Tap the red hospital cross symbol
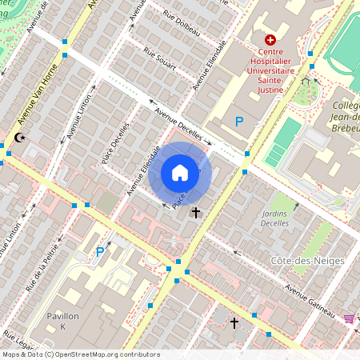270,39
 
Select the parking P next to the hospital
238,122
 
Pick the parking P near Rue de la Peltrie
100,252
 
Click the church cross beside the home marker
196,213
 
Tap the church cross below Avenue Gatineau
234,322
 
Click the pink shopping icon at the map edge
349,318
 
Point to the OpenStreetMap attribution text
80,354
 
